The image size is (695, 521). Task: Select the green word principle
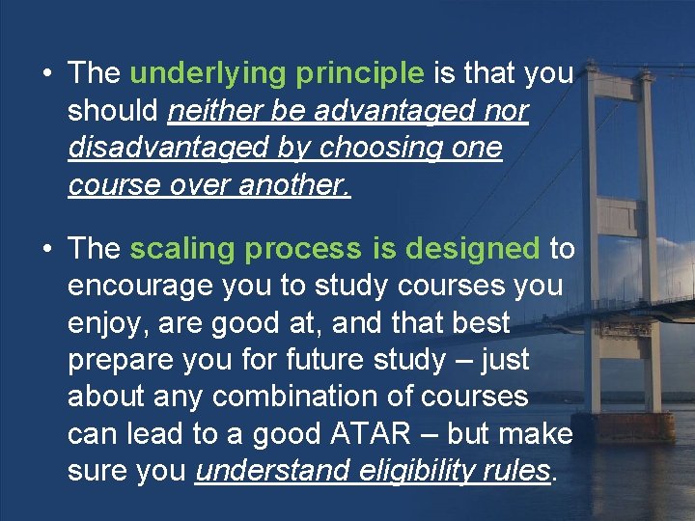362,74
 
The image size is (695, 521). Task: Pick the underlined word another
293,185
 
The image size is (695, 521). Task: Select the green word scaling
183,249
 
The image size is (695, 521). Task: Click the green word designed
472,249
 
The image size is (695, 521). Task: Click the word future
328,360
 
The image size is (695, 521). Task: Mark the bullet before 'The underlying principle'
46,74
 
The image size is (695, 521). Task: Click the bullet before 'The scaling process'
46,249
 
